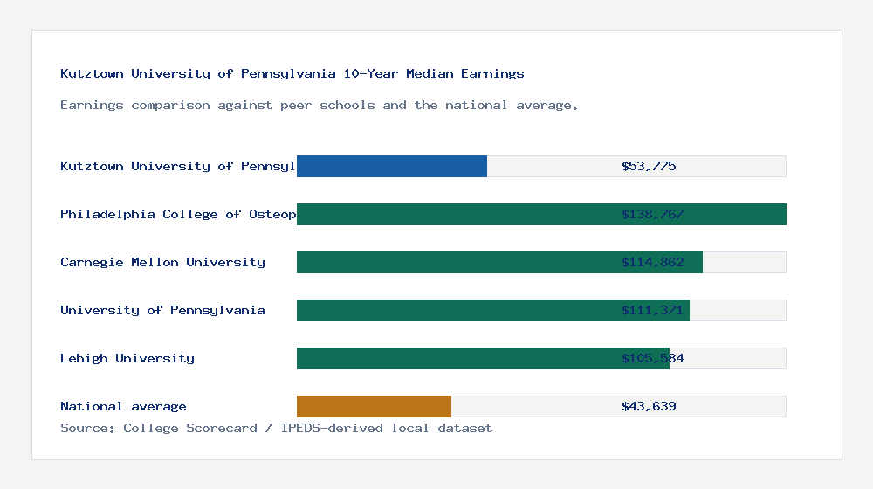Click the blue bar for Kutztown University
(x=392, y=166)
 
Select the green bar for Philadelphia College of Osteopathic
(x=541, y=214)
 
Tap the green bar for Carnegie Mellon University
(x=499, y=262)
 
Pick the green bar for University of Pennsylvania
(x=493, y=310)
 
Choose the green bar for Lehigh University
(x=483, y=358)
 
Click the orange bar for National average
(x=374, y=406)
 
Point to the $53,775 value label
(x=649, y=166)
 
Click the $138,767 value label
(x=652, y=214)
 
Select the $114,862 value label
(x=652, y=262)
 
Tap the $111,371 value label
(x=652, y=310)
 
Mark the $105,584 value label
(x=652, y=358)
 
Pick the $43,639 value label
(x=649, y=406)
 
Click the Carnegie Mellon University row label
(x=162, y=262)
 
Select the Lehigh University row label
(x=127, y=358)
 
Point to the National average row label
(x=123, y=406)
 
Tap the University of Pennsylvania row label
(x=162, y=310)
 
